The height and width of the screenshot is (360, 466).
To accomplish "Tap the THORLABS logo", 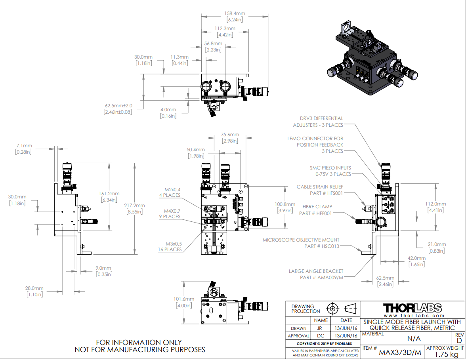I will (x=412, y=308).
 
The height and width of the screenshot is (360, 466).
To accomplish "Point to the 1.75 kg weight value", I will (x=444, y=354).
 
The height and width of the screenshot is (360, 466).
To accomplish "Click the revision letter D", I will (x=459, y=341).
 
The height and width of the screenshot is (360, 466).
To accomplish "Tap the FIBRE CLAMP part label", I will (x=317, y=210).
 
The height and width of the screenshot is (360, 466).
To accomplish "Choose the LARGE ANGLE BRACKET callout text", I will (x=316, y=274).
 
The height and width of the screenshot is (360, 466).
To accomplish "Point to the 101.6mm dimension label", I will (x=184, y=302).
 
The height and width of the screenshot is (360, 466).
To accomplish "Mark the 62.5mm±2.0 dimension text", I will (x=118, y=109).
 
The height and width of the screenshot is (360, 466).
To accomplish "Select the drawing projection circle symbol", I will (x=332, y=309).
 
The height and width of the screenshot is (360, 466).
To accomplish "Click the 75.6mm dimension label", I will (x=230, y=137).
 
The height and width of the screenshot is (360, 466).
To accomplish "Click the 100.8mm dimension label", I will (x=285, y=207).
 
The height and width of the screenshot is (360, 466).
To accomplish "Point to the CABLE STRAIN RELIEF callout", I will (x=320, y=190).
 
